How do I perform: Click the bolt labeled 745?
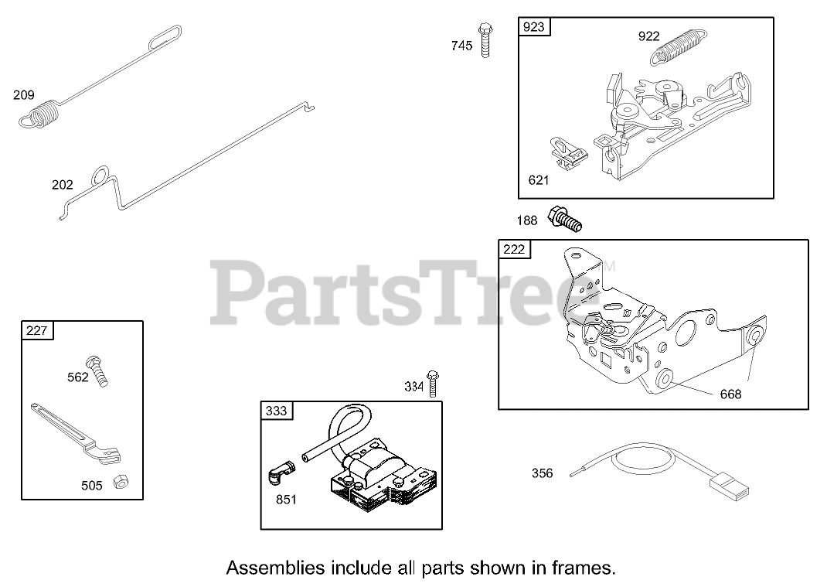tap(485, 39)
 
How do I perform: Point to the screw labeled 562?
tap(98, 370)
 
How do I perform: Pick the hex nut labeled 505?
tap(121, 482)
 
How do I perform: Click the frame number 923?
tap(533, 27)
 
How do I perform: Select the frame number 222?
tap(513, 249)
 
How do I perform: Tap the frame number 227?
tap(36, 331)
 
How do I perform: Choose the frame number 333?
tap(276, 411)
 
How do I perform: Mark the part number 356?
tap(542, 473)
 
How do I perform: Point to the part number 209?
tap(24, 95)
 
